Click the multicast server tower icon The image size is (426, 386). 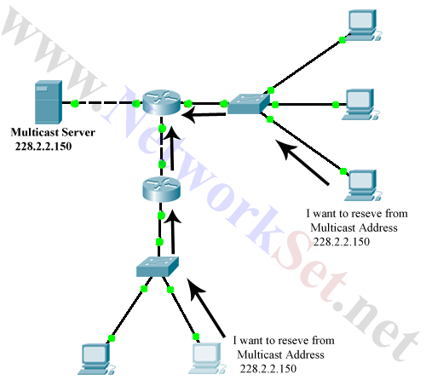click(x=49, y=102)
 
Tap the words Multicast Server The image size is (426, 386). click(x=53, y=132)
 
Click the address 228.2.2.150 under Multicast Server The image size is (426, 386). click(x=43, y=147)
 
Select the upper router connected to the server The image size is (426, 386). click(x=161, y=102)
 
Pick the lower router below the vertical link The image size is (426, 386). click(x=161, y=189)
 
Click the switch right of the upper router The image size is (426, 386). click(x=248, y=104)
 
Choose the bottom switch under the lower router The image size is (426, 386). click(x=158, y=267)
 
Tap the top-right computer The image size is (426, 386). click(x=363, y=25)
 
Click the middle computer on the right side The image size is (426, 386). click(x=360, y=104)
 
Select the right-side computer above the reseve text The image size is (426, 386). click(x=363, y=185)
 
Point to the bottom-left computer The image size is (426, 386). click(x=96, y=359)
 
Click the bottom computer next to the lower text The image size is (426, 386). click(x=207, y=358)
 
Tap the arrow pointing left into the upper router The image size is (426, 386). click(x=204, y=115)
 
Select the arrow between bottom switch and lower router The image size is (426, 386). click(x=172, y=232)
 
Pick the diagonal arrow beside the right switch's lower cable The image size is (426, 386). click(x=302, y=162)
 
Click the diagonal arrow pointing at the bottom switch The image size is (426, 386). click(x=205, y=308)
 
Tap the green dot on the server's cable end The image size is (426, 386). click(x=75, y=103)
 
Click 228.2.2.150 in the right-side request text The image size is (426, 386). click(x=342, y=242)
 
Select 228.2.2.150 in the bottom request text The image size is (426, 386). click(x=268, y=369)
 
